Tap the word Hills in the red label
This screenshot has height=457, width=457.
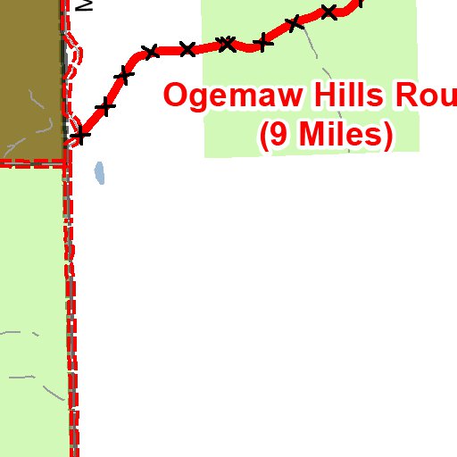point(348,96)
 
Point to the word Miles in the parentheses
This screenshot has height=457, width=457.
point(340,134)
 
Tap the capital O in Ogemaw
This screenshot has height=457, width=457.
point(177,96)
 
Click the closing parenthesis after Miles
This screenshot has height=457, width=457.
point(387,135)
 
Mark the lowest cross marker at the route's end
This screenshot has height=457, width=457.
point(81,136)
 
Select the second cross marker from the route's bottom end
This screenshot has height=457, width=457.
point(105,108)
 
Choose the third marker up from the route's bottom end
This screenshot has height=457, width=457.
point(124,76)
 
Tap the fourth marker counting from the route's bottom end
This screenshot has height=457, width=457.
point(150,52)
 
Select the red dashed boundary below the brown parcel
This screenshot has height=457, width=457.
point(32,162)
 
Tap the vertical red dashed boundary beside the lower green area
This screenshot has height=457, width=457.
point(71,312)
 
